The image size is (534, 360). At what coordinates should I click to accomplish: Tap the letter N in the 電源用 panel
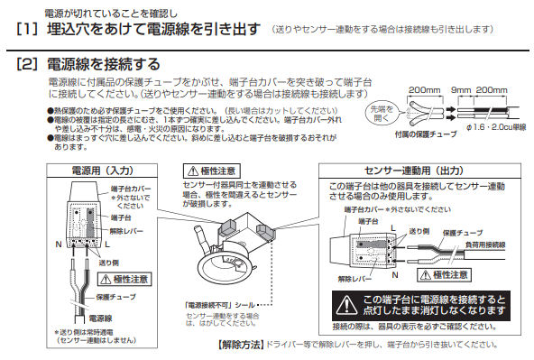pyautogui.click(x=58, y=244)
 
